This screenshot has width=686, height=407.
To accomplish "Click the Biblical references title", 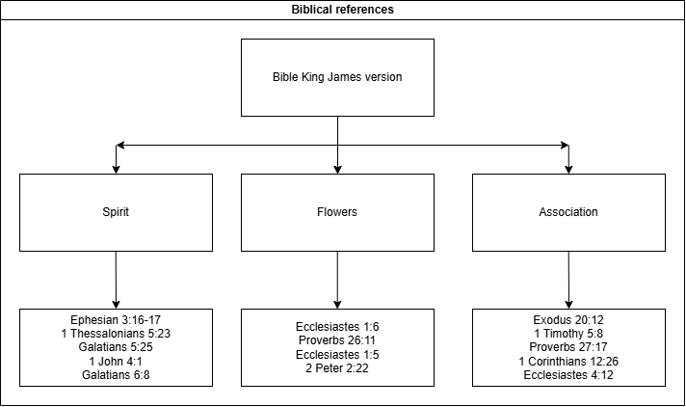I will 342,10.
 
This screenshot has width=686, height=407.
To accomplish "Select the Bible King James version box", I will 337,77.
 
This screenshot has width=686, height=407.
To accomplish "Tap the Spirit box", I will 116,212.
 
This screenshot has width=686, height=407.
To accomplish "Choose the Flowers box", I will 337,212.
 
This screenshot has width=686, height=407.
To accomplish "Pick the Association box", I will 568,212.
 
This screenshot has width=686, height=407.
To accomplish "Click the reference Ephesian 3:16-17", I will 116,319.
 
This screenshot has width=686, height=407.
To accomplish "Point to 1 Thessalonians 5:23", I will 116,334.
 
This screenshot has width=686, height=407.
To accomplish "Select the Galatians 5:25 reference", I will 116,347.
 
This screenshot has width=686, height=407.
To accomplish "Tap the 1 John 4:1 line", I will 116,361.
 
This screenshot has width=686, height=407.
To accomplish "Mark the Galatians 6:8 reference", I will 116,374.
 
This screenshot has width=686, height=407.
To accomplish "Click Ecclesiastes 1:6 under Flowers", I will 337,327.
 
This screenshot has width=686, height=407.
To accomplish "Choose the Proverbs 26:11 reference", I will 337,340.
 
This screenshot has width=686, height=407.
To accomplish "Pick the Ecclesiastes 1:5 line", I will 337,354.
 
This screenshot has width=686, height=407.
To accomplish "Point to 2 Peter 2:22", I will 337,367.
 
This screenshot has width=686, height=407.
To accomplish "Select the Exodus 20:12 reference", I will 568,319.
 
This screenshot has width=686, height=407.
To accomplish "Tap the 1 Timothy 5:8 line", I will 568,334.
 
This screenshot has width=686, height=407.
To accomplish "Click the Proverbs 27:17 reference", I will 568,347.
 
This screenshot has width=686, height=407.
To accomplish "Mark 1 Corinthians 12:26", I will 568,361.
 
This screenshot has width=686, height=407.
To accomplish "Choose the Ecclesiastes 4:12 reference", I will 568,374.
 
